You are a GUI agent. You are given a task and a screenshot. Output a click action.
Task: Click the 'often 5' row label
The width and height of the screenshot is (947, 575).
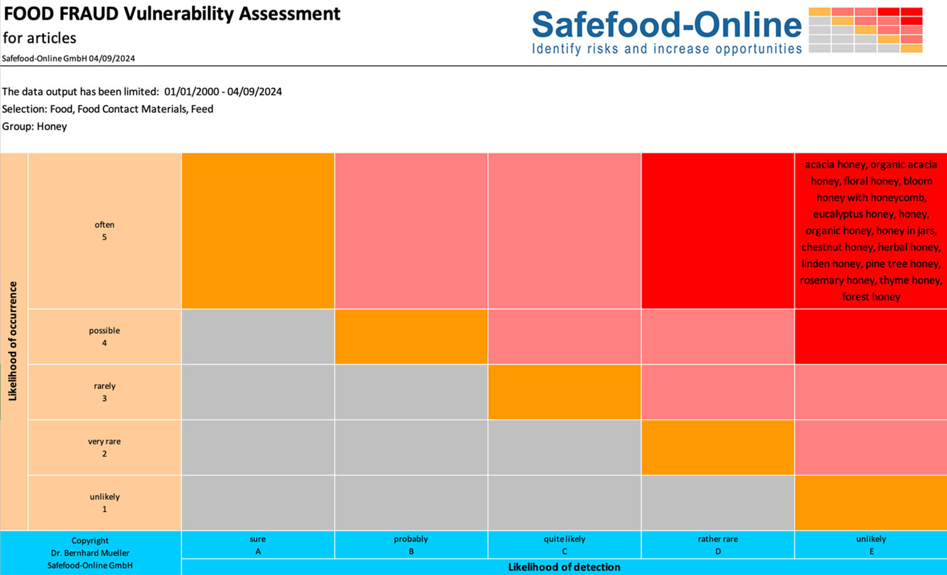coord(104,231)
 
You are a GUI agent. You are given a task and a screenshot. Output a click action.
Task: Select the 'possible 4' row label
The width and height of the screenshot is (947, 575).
coord(104,337)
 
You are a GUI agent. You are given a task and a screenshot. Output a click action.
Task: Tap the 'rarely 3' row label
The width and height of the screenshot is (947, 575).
coord(104,392)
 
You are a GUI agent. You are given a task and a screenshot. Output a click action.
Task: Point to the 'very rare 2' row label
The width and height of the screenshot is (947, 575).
coord(104,447)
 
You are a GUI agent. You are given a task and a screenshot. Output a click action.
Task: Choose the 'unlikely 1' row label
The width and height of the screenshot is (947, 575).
coord(104,503)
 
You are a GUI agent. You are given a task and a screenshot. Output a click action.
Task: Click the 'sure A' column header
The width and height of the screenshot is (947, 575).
coord(257,545)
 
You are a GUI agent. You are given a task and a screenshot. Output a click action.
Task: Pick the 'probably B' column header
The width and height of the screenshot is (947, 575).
coord(411,545)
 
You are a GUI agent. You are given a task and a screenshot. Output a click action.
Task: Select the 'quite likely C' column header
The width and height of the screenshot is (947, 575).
coord(564,545)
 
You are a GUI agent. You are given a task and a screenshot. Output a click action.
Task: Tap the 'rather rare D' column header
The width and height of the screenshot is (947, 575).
coord(717,545)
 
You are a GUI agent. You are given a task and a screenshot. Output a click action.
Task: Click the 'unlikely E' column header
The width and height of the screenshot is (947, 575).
coord(871,545)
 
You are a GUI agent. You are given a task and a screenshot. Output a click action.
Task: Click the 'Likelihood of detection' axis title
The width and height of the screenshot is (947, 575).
coord(564,567)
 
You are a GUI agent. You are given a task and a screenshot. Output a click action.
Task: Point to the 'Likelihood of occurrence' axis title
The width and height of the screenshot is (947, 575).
coord(13,341)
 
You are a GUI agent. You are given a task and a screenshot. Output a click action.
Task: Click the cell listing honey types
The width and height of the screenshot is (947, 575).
coord(871,231)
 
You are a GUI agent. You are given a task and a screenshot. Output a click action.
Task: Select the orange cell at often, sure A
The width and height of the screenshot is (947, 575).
coord(257,231)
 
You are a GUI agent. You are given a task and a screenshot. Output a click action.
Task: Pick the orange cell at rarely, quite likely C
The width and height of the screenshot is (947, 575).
coord(564,392)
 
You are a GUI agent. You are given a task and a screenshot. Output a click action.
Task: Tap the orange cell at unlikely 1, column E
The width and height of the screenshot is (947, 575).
coord(871,503)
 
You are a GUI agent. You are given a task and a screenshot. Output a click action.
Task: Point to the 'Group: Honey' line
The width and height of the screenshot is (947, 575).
coord(35,127)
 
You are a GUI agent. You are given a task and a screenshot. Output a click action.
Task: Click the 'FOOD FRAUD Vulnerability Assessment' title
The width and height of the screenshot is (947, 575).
coord(172,14)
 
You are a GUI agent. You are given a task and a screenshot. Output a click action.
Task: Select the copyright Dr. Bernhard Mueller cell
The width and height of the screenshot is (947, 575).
coord(90,553)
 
